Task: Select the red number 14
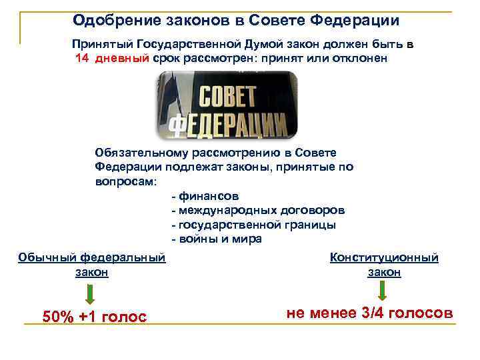click(x=83, y=58)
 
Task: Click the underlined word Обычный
click(x=47, y=257)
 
